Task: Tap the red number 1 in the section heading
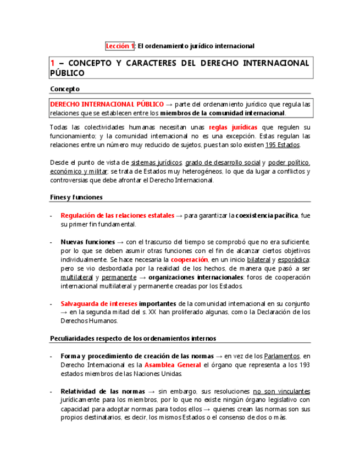[x=52, y=63]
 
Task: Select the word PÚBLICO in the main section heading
[x=67, y=73]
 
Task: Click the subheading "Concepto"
[x=65, y=88]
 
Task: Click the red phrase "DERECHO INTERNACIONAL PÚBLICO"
[x=107, y=104]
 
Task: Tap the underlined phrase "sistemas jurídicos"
[x=157, y=163]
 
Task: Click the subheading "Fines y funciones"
[x=76, y=197]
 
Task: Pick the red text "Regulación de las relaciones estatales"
[x=118, y=215]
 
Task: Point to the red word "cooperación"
[x=189, y=259]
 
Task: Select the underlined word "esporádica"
[x=293, y=259]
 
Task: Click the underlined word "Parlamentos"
[x=283, y=356]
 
